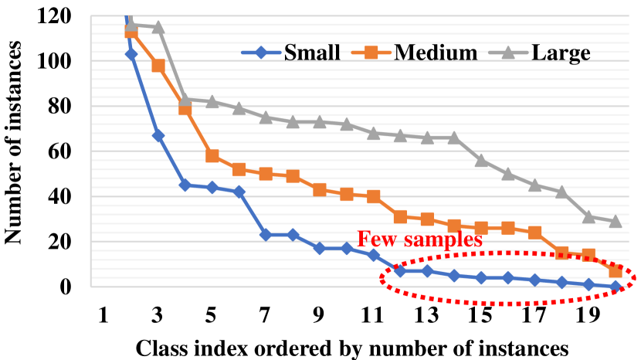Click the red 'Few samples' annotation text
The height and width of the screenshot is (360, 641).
point(419,239)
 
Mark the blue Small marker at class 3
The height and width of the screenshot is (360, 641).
point(158,135)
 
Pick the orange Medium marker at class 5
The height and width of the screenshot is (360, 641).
point(212,156)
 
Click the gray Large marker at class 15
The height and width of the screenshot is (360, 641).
point(481,161)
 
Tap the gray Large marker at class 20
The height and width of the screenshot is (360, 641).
point(616,222)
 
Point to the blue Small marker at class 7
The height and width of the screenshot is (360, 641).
point(266,235)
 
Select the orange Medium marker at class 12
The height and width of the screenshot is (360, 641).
point(400,217)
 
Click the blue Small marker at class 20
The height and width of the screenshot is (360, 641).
point(616,287)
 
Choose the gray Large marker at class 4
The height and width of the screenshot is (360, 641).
point(185,100)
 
